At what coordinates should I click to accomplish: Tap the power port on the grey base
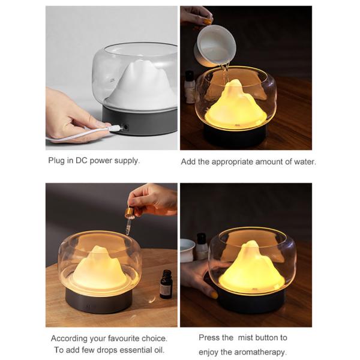tap(125, 128)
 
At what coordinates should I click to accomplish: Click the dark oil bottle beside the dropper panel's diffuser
tap(166, 284)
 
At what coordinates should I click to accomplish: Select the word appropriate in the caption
tap(238, 161)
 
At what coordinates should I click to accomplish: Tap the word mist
tap(247, 338)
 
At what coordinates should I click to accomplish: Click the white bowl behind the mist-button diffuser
tap(188, 250)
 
